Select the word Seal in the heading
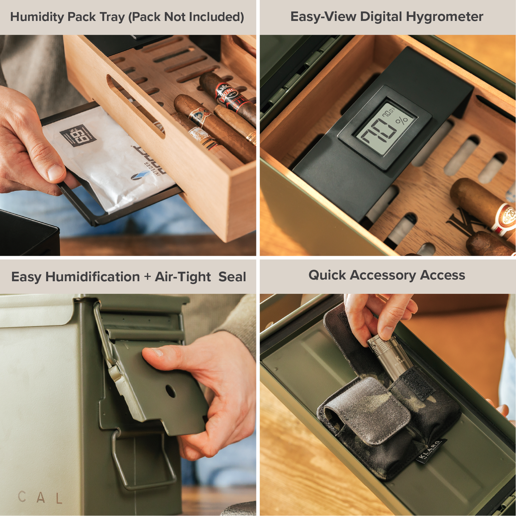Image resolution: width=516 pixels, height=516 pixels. pyautogui.click(x=232, y=277)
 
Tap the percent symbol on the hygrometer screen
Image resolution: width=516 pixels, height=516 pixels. pyautogui.click(x=402, y=121)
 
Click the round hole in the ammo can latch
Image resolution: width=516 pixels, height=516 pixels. pyautogui.click(x=170, y=391)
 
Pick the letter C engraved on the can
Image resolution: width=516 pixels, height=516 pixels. pyautogui.click(x=22, y=497)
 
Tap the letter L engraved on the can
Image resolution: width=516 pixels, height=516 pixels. pyautogui.click(x=59, y=499)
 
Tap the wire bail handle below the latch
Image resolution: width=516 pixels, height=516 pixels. pyautogui.click(x=142, y=464)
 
